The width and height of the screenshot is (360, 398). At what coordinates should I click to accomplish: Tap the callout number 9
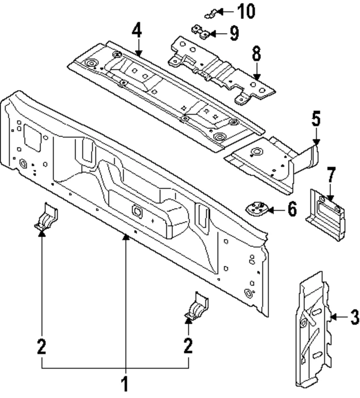click(234, 33)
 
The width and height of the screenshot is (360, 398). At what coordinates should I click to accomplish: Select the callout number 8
click(256, 54)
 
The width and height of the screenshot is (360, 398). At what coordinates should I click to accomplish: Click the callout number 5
click(316, 119)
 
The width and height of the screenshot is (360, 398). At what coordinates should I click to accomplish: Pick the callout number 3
click(353, 318)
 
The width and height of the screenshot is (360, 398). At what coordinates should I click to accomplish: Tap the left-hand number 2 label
click(41, 346)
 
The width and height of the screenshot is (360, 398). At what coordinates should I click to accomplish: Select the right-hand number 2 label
click(189, 346)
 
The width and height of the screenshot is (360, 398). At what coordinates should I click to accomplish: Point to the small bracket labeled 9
click(200, 32)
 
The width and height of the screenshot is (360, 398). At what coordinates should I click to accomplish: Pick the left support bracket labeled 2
click(46, 216)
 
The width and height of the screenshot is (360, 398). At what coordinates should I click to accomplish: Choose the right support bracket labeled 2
click(197, 307)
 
